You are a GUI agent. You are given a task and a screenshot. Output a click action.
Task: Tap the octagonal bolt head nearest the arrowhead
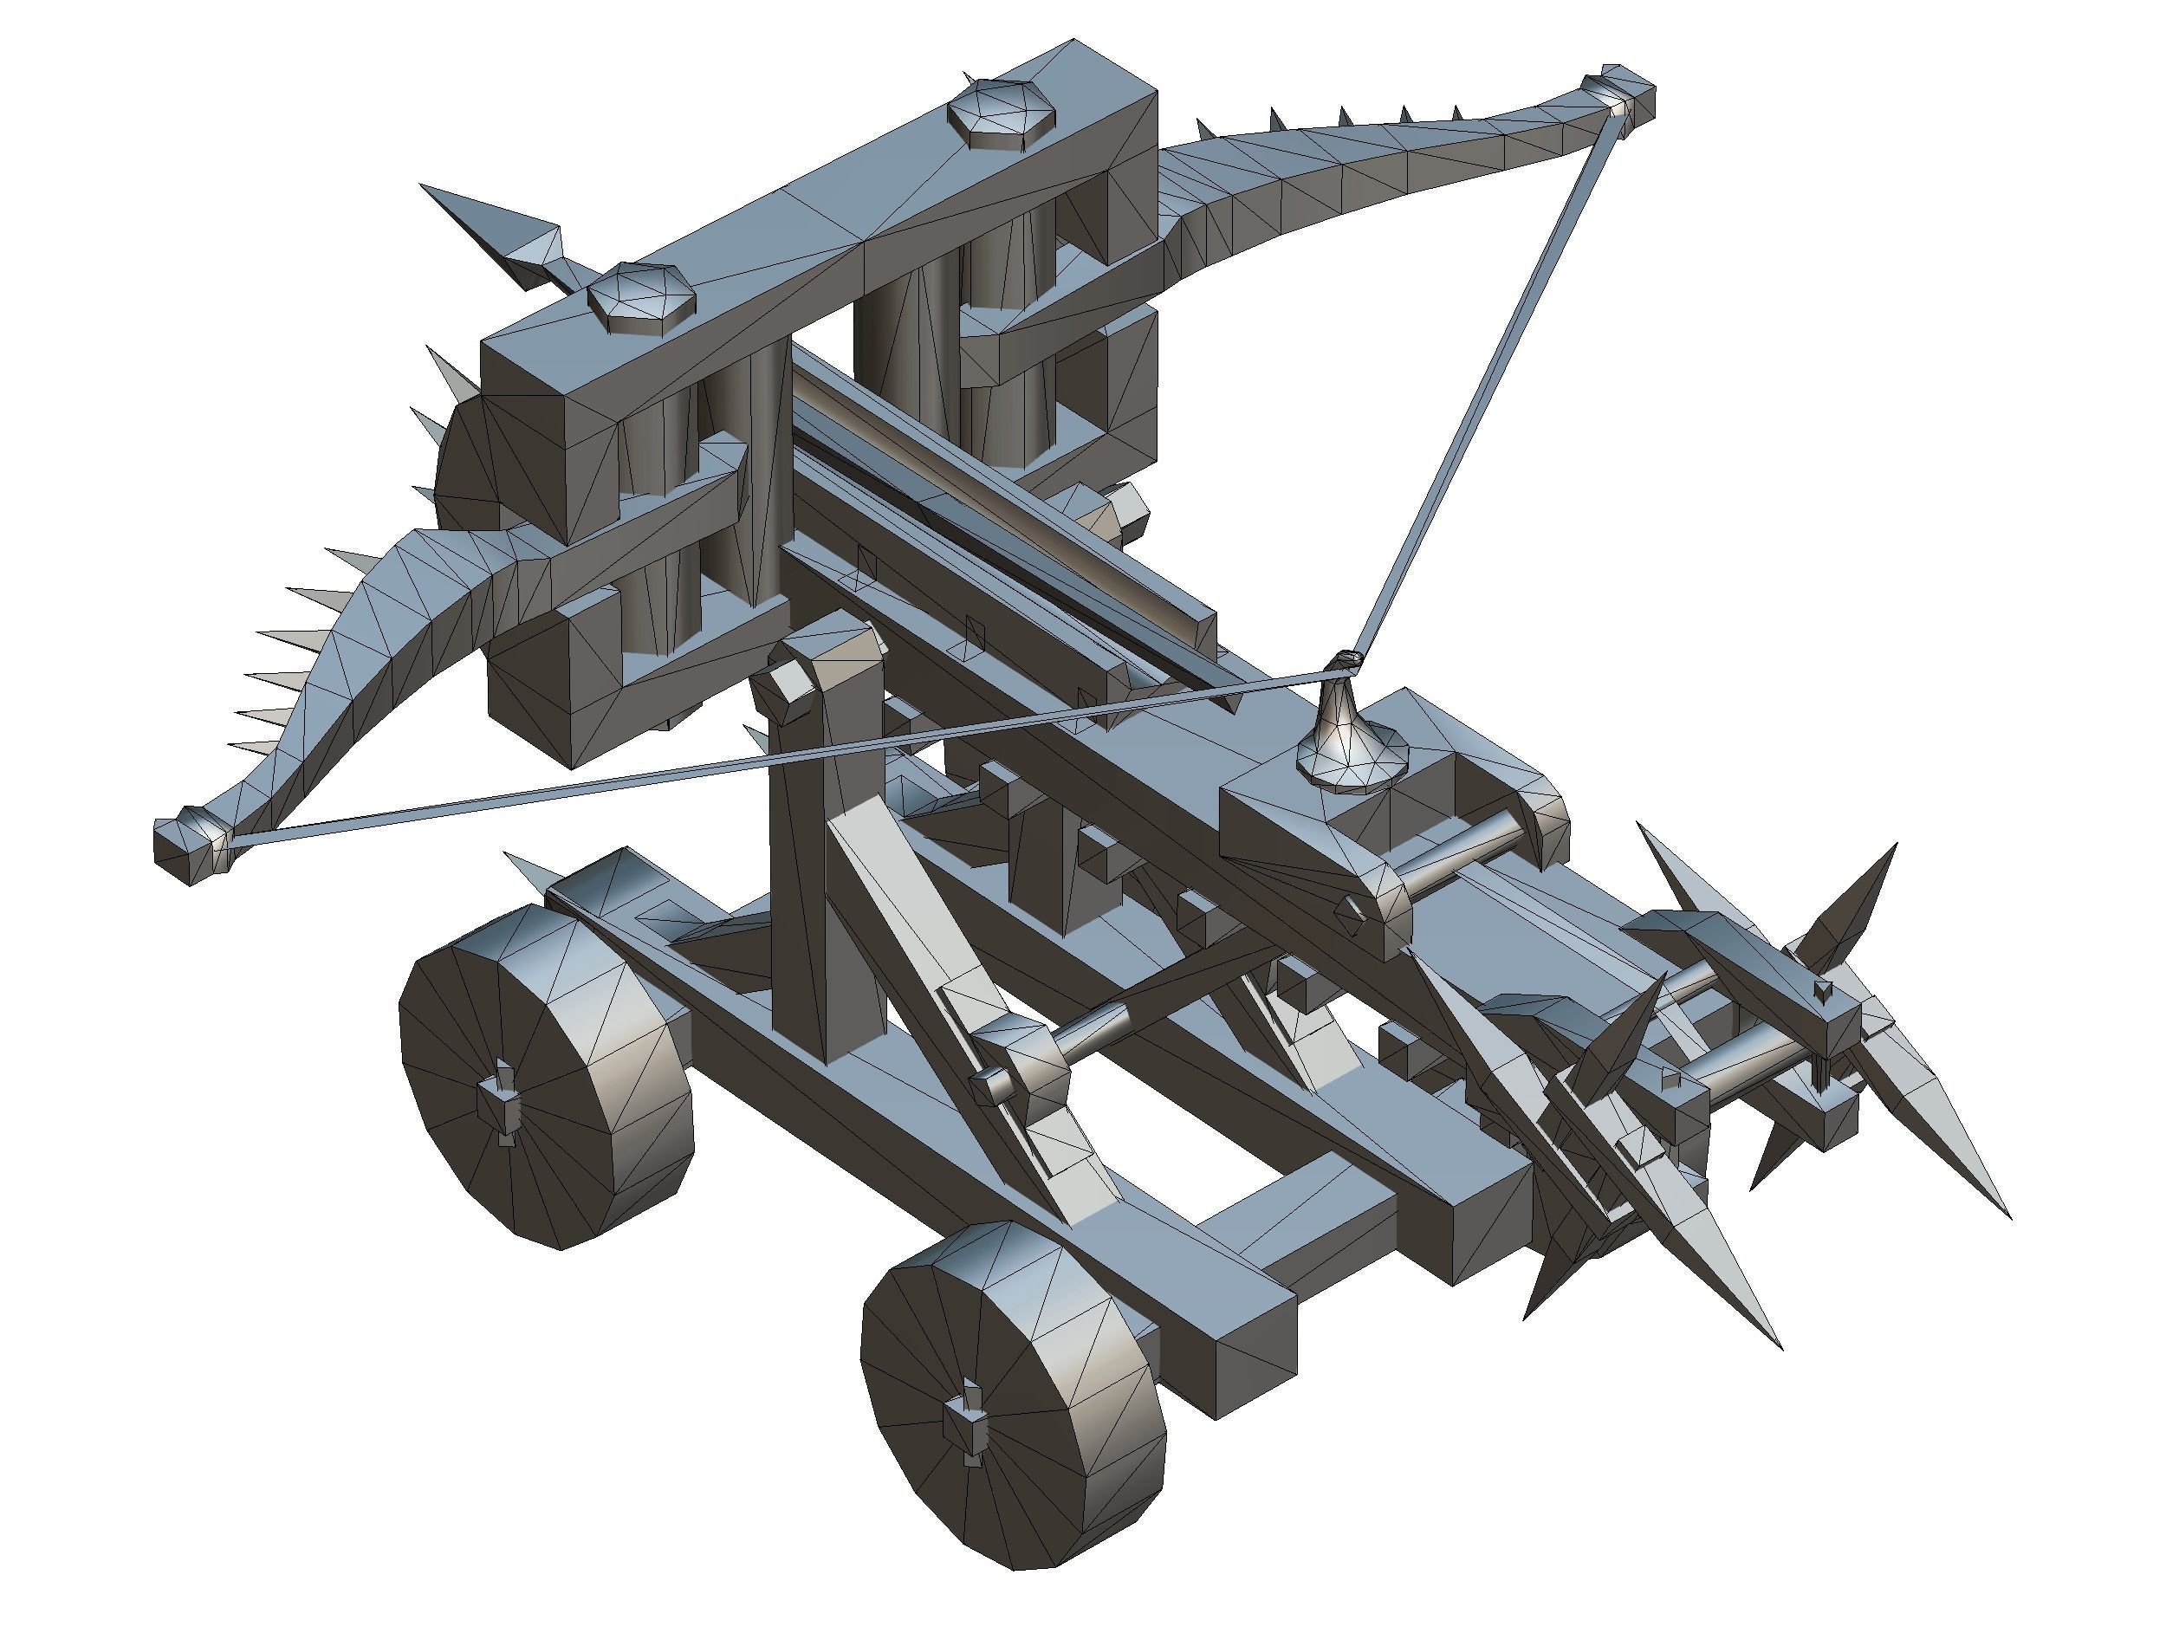642,299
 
